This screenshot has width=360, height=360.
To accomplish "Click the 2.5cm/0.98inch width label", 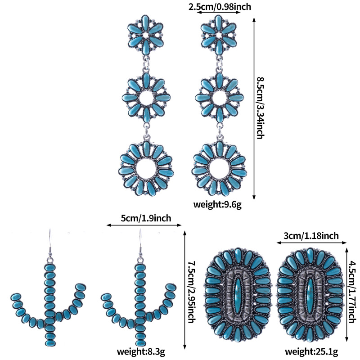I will (x=219, y=6).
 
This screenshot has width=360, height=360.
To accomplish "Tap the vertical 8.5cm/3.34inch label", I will (x=260, y=108).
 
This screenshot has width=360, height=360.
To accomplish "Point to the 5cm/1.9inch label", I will (x=146, y=218).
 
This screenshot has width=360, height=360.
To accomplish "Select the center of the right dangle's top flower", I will (x=219, y=35).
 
